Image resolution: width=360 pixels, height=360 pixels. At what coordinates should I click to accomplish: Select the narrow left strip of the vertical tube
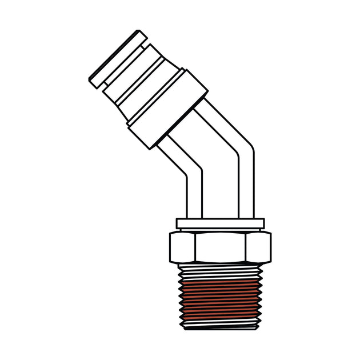tap(195, 197)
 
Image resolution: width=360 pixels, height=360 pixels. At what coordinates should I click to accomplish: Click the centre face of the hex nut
tap(220, 246)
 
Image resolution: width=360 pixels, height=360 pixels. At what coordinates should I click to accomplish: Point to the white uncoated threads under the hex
tap(220, 269)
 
